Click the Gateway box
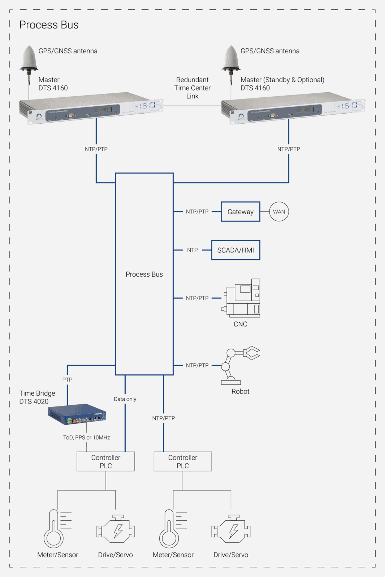(240, 212)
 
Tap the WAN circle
(279, 212)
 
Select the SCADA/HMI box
(235, 250)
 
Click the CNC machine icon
(241, 298)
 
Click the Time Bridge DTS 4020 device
(77, 414)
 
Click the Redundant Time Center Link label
(192, 88)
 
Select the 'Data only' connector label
(125, 399)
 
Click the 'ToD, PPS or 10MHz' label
(87, 437)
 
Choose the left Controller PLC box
(106, 462)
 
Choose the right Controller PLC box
(183, 462)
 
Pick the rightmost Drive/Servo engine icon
(231, 529)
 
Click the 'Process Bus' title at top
(49, 25)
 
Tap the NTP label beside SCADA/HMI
(192, 250)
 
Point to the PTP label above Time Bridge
(67, 379)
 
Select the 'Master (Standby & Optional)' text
(282, 80)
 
